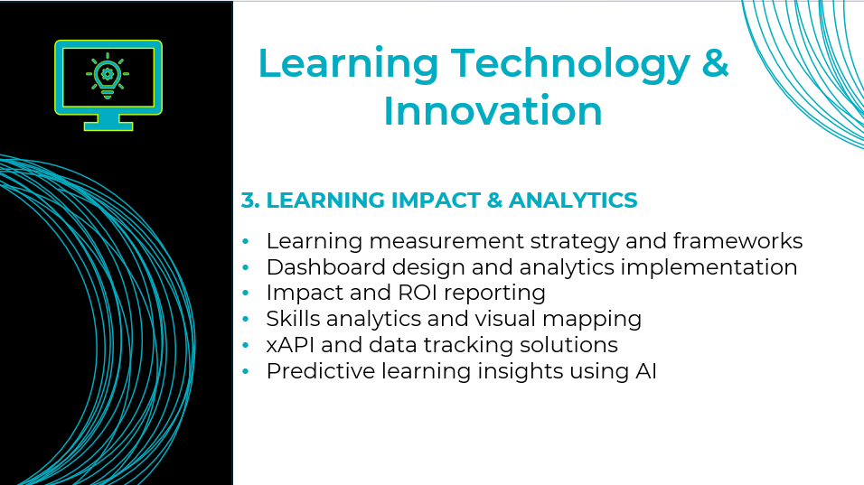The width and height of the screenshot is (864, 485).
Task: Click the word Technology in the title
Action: [570, 65]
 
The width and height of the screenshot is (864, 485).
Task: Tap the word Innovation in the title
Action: [493, 111]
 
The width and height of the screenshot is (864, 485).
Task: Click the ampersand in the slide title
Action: [715, 62]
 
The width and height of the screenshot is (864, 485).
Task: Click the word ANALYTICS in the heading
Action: [572, 201]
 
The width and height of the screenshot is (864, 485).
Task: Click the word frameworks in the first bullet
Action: [737, 241]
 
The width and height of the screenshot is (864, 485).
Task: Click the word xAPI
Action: [290, 345]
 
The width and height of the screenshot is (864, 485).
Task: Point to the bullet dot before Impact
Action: [246, 294]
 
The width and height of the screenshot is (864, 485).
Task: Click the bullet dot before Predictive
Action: [246, 372]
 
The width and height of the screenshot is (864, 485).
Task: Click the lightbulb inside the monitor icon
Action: [108, 76]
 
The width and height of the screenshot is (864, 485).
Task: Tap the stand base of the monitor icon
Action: [108, 126]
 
